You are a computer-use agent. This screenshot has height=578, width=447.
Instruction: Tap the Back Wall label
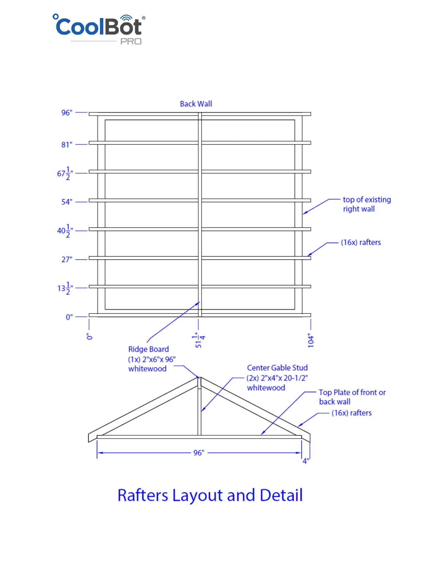[196, 104]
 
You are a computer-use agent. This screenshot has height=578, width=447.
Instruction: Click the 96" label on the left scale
[67, 113]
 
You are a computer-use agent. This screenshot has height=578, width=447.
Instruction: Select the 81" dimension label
[67, 144]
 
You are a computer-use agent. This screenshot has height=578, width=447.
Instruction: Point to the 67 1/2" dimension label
[65, 173]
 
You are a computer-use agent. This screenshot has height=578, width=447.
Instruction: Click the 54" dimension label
[67, 202]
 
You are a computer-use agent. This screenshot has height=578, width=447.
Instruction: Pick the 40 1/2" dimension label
[65, 231]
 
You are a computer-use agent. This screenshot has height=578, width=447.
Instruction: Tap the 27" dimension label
[67, 259]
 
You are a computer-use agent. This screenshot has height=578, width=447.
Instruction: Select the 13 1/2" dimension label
[65, 288]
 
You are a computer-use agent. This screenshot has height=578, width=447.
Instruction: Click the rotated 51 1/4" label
[199, 340]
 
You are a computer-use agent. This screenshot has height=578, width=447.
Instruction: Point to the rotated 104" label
[311, 340]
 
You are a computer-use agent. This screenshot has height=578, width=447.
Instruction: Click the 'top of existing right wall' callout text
[366, 204]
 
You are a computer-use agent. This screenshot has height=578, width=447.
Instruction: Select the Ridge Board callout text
[152, 359]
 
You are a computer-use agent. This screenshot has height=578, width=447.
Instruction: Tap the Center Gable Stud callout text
[277, 378]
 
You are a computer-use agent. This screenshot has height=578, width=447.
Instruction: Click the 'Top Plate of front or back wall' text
[352, 397]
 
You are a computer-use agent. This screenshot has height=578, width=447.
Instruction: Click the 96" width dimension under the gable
[199, 453]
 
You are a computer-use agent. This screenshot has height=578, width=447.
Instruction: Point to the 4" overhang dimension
[306, 461]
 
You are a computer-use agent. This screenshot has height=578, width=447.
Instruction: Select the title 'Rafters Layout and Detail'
[210, 496]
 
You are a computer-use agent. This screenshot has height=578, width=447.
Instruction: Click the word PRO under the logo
[131, 42]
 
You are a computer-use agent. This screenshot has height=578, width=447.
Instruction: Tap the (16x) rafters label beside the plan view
[361, 243]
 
